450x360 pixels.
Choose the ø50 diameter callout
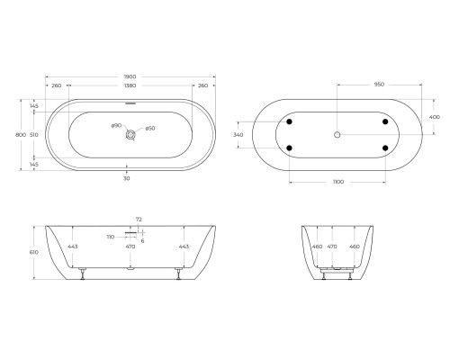click(150, 128)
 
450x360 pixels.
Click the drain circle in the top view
click(132, 134)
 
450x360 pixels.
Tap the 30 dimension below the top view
click(127, 178)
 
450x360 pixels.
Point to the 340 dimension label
click(238, 135)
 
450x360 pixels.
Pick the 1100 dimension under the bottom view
click(337, 183)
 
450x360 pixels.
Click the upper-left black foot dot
click(291, 121)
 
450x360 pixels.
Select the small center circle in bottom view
click(337, 134)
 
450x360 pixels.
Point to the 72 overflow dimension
click(138, 220)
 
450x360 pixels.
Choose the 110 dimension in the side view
click(111, 236)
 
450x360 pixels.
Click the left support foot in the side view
click(84, 273)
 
